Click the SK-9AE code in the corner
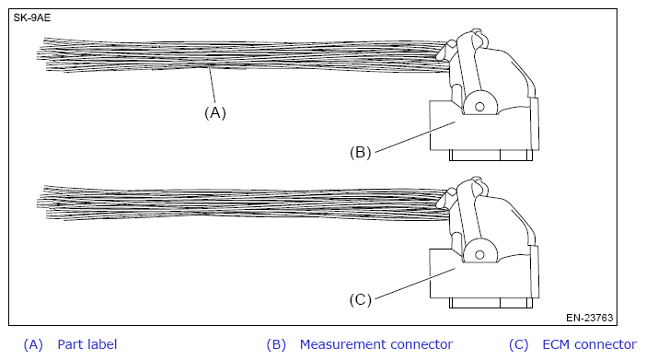(x=31, y=17)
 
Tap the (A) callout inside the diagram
(x=214, y=113)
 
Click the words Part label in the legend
(x=87, y=344)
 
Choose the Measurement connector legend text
(x=375, y=344)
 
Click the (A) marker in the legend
(x=33, y=344)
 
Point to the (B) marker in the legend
(x=276, y=344)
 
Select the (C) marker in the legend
(x=518, y=344)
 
